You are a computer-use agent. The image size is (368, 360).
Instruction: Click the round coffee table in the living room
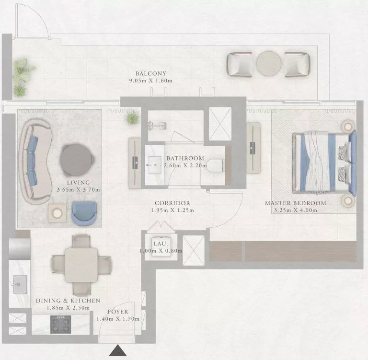tap(77, 160)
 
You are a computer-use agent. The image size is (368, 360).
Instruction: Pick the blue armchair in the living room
tap(84, 212)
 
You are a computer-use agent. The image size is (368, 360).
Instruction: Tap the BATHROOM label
tap(185, 158)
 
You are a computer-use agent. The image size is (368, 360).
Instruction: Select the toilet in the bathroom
tap(216, 165)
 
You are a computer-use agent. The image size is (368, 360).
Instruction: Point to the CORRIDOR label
tap(172, 203)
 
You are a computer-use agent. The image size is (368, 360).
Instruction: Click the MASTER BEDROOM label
tap(296, 203)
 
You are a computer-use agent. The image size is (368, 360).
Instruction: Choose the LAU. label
tap(160, 244)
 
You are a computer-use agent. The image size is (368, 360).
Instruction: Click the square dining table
tap(81, 264)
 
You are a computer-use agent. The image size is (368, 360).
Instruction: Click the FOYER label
tap(117, 312)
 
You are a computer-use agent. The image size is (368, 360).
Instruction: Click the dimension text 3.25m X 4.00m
tap(296, 210)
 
